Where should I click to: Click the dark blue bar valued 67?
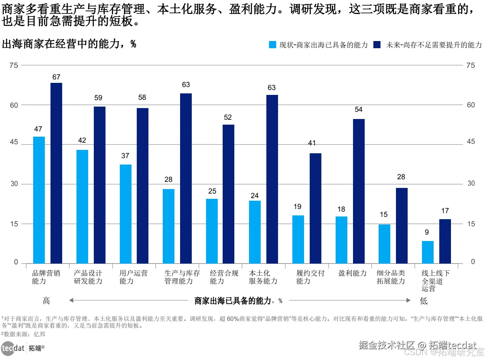57,173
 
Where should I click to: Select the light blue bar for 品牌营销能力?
39,200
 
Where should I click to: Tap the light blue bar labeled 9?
428,252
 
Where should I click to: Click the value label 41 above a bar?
312,143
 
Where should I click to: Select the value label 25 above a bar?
212,191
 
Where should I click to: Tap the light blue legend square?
272,45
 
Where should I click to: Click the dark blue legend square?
377,45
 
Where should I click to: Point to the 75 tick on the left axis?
14,66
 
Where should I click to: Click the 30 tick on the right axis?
471,183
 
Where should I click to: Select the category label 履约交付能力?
310,277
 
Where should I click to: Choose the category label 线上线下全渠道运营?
435,281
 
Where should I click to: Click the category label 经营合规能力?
224,277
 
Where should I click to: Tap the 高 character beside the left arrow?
46,301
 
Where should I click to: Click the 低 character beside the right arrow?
424,301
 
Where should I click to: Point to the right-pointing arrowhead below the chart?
408,300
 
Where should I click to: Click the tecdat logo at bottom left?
13,348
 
